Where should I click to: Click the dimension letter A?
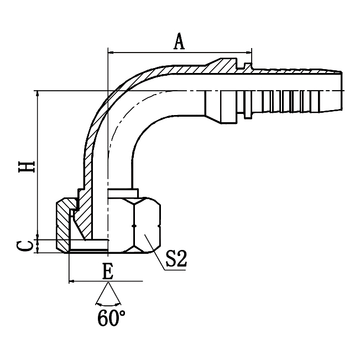(x=179, y=41)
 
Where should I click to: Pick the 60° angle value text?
(x=110, y=319)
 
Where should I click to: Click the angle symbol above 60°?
(x=108, y=296)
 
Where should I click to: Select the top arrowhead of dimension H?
(x=38, y=94)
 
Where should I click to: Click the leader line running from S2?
(x=155, y=252)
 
